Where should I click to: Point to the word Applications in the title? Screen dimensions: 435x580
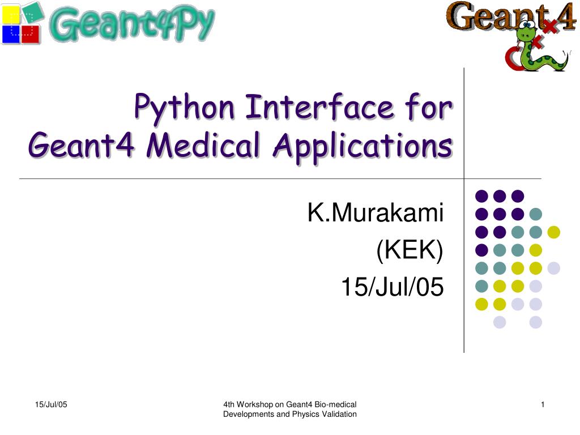coord(362,146)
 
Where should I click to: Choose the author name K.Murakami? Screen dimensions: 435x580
coord(376,214)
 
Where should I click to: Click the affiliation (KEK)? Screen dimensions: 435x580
coord(410,251)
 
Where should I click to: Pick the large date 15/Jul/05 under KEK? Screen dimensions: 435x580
coord(392,288)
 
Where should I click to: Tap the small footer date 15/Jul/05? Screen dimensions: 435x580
coord(51,404)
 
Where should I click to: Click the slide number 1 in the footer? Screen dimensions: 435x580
coord(543,404)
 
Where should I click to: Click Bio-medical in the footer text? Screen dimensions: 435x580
coord(337,404)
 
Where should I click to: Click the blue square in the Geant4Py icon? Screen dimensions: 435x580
coord(11,34)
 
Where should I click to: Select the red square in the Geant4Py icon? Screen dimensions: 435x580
coord(31,34)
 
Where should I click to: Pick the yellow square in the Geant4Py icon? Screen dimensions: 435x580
coord(11,14)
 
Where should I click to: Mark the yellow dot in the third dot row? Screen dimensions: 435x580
coord(553,232)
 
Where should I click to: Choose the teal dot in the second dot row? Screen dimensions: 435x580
coord(535,214)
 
